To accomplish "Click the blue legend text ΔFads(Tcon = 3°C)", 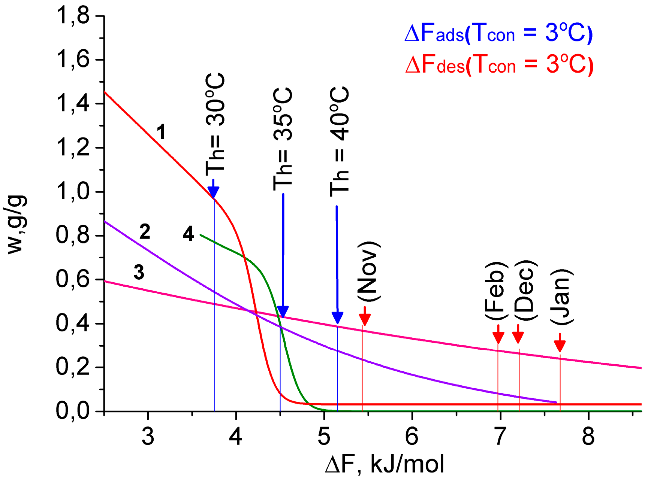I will tap(498, 33).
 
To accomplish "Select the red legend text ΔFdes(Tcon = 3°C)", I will tap(499, 65).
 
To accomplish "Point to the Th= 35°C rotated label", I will tap(283, 139).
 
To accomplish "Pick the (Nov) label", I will tap(369, 271).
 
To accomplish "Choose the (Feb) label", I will tap(496, 291).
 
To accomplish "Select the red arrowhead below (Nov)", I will tap(365, 318).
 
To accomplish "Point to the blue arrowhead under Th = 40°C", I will tap(337, 317).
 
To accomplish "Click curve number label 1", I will tap(161, 132).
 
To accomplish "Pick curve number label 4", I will tap(188, 234).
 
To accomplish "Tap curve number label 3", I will tap(139, 272).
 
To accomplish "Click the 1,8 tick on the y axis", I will tap(73, 16).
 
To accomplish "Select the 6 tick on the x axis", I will tap(412, 436).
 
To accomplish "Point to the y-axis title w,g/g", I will tap(17, 225).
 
